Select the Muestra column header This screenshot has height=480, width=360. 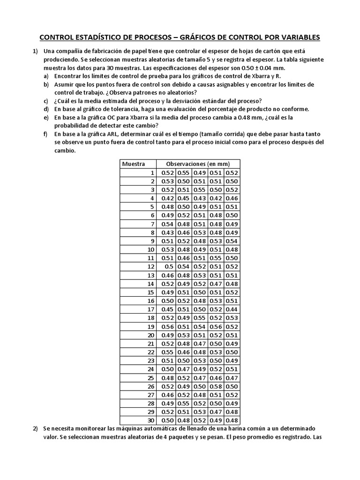point(134,164)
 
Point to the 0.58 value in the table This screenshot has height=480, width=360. point(216,386)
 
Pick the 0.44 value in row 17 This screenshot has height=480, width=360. point(232,309)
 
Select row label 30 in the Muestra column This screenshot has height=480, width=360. point(150,420)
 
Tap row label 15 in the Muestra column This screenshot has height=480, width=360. point(150,292)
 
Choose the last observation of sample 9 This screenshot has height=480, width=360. point(232,241)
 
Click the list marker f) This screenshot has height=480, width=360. point(46,134)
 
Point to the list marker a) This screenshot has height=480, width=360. point(46,75)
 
